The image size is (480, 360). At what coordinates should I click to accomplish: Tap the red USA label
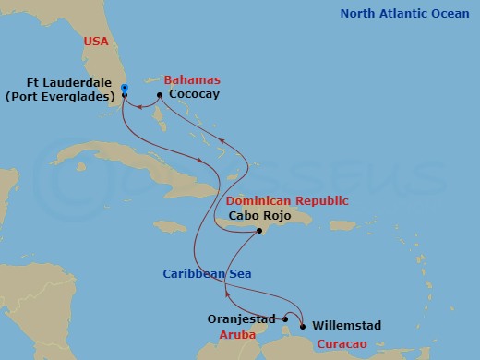coord(97,42)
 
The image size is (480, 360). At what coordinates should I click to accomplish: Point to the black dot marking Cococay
coord(160,95)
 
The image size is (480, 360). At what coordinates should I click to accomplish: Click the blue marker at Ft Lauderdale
coord(124,89)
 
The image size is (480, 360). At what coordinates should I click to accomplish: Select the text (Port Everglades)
coord(59,95)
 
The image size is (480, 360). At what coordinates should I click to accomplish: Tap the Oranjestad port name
coord(241,319)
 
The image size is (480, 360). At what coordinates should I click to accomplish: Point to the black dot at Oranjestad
coord(285,319)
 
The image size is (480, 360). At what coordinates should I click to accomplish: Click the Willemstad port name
coord(346,326)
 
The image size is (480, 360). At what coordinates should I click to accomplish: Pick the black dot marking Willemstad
coord(303,325)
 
